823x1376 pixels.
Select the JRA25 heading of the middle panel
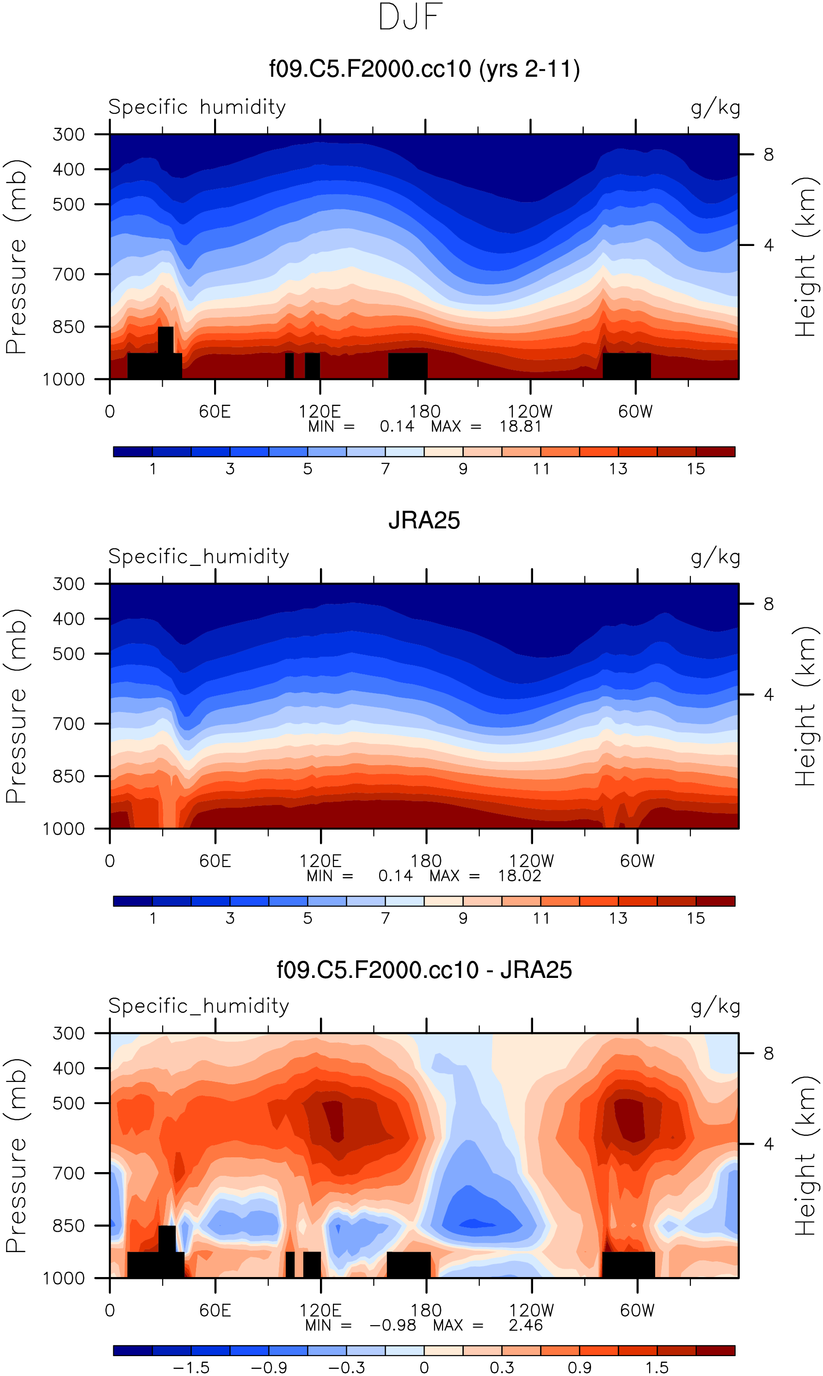tap(424, 521)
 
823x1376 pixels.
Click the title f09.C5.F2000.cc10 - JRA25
tap(424, 970)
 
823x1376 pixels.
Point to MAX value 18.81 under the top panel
tap(520, 426)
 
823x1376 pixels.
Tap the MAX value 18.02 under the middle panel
tap(520, 876)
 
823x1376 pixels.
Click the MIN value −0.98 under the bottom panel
tap(393, 1325)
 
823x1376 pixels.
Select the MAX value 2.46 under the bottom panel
tap(526, 1325)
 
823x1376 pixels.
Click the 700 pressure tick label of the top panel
tap(69, 274)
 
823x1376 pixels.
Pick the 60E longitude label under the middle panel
tap(215, 861)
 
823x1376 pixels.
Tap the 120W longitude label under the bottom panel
tap(531, 1310)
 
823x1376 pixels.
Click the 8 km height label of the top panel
tap(768, 155)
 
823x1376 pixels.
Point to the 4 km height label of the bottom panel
tap(768, 1143)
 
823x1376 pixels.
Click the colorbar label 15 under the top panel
tap(696, 469)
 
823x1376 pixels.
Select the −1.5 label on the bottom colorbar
tap(191, 1368)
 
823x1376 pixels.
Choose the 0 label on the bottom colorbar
tap(424, 1368)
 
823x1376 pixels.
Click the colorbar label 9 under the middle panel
tap(463, 918)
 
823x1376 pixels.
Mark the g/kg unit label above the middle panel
tap(715, 556)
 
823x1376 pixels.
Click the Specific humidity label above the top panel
tap(197, 107)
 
